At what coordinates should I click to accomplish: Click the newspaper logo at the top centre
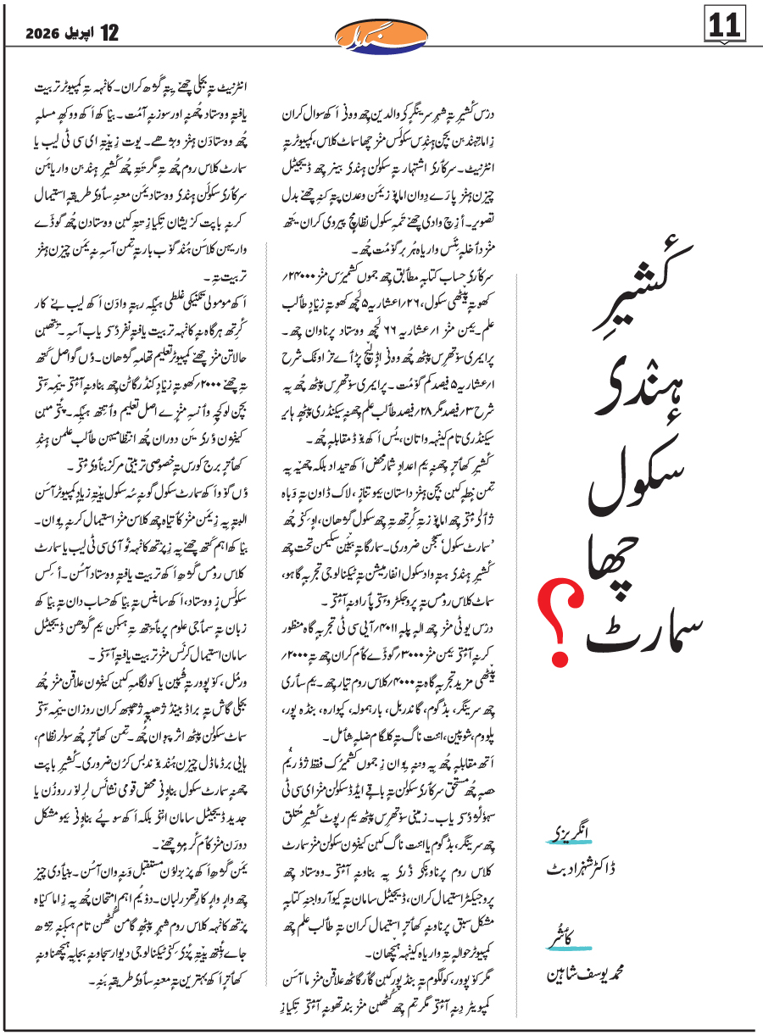383,34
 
